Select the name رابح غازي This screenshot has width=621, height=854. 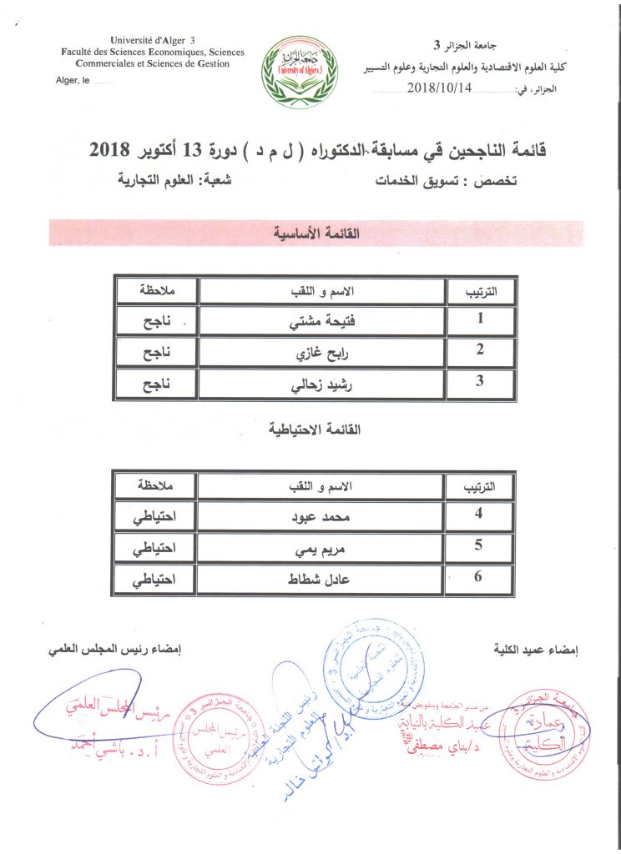pos(322,352)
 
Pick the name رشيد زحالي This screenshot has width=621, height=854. pos(322,384)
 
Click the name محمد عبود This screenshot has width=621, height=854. pos(322,516)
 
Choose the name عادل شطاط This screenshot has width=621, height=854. pos(322,580)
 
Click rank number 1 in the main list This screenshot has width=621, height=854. pos(480,318)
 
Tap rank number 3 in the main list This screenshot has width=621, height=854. pos(480,383)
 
